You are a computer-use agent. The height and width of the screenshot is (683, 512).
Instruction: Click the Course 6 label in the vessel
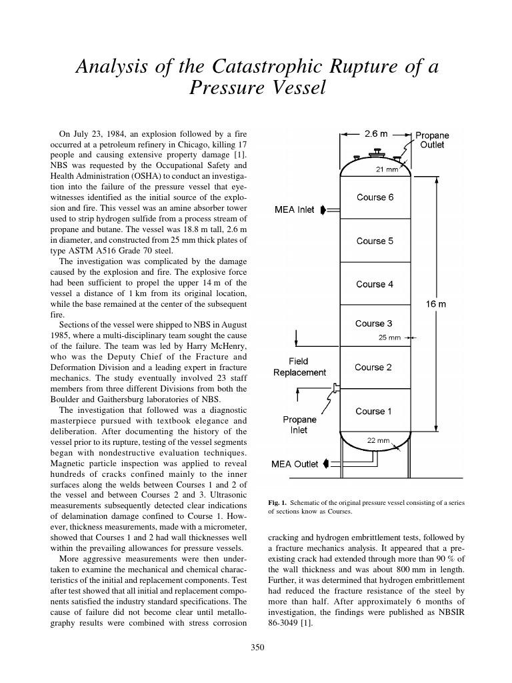(x=375, y=197)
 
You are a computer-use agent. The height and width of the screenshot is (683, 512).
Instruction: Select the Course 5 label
(x=375, y=241)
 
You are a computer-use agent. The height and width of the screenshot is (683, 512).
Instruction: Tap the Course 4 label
(x=375, y=284)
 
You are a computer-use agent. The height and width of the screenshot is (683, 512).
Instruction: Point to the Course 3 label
(x=373, y=323)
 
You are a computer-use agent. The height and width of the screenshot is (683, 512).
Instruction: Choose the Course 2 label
(x=373, y=368)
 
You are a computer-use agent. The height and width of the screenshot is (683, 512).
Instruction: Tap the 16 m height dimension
(x=436, y=304)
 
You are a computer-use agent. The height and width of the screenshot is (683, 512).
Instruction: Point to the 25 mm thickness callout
(x=390, y=337)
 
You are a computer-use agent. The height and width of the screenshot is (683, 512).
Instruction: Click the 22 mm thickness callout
(x=379, y=440)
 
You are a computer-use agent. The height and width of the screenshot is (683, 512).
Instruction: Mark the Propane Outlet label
(x=432, y=140)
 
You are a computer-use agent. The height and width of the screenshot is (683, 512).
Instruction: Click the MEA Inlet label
(x=295, y=209)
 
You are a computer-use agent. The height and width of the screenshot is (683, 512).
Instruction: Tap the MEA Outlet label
(x=296, y=464)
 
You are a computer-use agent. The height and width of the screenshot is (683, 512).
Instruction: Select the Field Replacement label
(x=300, y=367)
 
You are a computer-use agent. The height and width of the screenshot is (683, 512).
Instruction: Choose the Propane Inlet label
(x=299, y=425)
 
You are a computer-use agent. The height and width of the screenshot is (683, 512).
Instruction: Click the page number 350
(x=256, y=646)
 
